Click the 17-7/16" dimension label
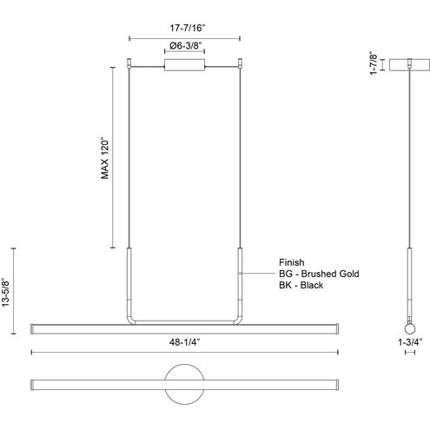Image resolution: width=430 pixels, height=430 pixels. tap(188, 28)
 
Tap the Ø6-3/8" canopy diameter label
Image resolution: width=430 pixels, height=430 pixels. tap(185, 46)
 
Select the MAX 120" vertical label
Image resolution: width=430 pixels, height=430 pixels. tap(104, 158)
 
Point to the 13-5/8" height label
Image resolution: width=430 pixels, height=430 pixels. tap(6, 292)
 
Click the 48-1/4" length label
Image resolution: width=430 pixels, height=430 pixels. tap(185, 342)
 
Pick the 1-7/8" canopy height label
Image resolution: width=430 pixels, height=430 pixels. tap(374, 63)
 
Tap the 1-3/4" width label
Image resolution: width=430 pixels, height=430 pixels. tap(410, 342)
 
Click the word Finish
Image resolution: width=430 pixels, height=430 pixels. tap(292, 262)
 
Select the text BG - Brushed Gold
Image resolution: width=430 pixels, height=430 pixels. tap(319, 274)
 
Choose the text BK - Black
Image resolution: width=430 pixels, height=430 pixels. tap(301, 285)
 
